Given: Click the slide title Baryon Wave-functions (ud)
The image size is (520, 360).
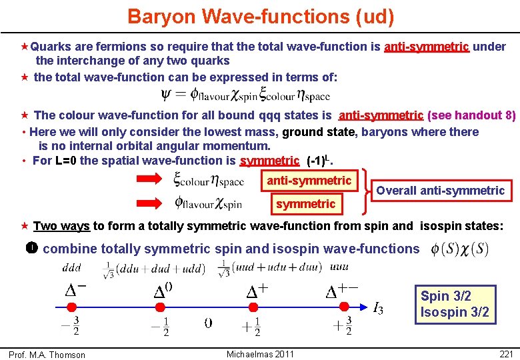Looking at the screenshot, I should coord(261,17).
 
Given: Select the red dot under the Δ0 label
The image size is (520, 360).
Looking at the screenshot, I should coord(160,307).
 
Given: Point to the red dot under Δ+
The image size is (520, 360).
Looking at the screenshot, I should coord(252,307).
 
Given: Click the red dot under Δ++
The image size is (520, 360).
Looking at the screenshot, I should coord(343,307).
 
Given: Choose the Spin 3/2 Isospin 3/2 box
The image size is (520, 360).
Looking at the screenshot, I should coord(455,304).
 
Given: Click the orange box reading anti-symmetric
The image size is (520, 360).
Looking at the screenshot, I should coord(309,181).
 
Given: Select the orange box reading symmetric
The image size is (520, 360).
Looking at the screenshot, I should coord(306,203).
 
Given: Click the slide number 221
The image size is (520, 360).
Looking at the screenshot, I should coord(505,353).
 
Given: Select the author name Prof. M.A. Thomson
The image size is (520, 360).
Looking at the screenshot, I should coord(47,355).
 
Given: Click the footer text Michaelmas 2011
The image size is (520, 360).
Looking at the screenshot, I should coord(260,353).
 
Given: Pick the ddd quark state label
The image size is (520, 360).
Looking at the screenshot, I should coord(73,268).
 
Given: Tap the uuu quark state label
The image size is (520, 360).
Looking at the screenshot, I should coord(339,268).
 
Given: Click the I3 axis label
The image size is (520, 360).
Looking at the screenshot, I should coord(378,308).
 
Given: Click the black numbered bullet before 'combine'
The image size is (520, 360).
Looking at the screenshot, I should coord(31,248).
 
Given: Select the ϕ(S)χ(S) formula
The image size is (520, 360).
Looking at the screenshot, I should coord(460,249).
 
